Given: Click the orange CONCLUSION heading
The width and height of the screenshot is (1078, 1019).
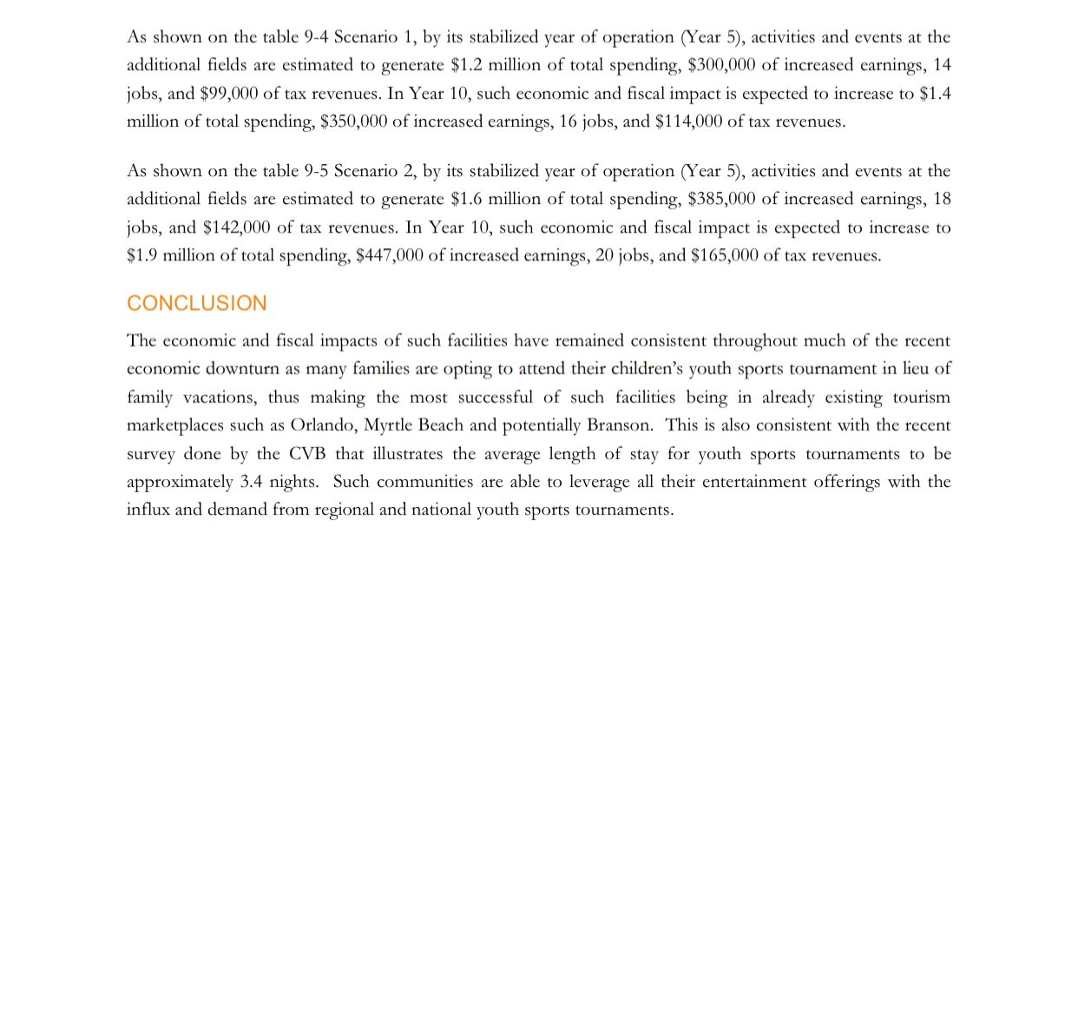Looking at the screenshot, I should pyautogui.click(x=197, y=303).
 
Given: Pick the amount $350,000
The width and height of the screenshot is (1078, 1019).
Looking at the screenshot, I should pyautogui.click(x=353, y=122).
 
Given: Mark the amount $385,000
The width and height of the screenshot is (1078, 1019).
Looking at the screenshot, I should pyautogui.click(x=721, y=199).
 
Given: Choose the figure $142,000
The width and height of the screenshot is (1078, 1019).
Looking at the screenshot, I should pyautogui.click(x=236, y=227).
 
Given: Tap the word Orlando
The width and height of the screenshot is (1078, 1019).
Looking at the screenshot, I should pyautogui.click(x=322, y=425).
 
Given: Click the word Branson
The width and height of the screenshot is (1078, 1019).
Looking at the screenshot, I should pyautogui.click(x=619, y=425).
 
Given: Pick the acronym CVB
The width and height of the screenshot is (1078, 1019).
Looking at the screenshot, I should pyautogui.click(x=307, y=454).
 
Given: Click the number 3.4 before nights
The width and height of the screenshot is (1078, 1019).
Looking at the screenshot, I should pyautogui.click(x=252, y=482).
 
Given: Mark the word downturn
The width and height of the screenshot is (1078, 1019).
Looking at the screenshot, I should pyautogui.click(x=243, y=369).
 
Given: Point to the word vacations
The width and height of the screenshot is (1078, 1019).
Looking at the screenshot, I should pyautogui.click(x=220, y=398).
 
